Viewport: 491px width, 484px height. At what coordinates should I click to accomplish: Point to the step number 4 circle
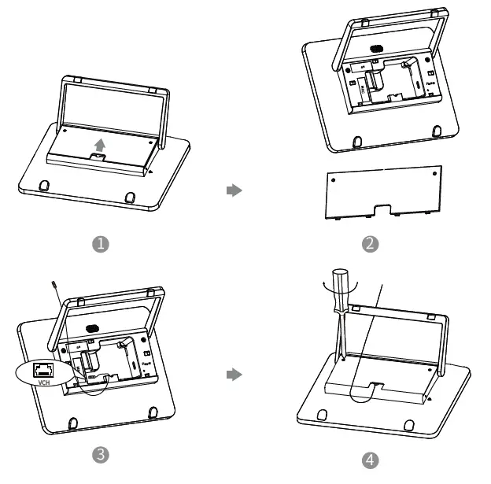click(x=370, y=458)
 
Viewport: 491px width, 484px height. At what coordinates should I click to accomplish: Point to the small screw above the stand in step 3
click(x=54, y=286)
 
